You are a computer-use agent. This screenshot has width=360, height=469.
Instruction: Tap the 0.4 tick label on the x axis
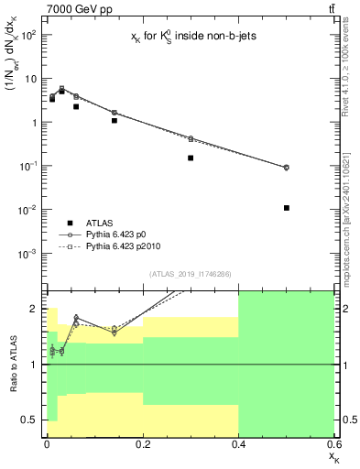(x=238, y=443)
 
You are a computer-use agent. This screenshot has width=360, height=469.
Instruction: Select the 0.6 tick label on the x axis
(x=333, y=443)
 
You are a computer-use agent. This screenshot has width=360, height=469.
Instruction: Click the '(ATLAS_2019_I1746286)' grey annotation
(x=191, y=274)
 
